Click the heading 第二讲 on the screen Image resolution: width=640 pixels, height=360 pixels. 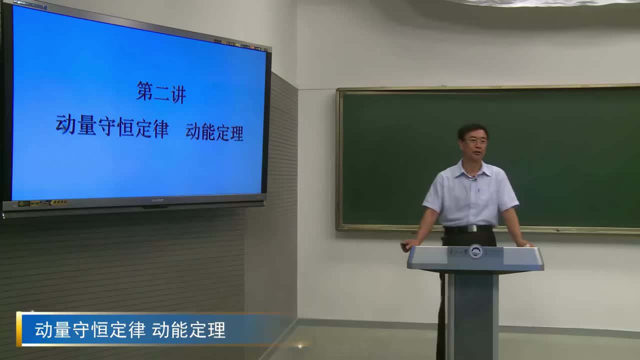click(161, 92)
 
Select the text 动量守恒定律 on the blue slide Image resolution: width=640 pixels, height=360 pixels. click(112, 125)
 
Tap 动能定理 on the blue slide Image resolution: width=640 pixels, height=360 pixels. click(214, 132)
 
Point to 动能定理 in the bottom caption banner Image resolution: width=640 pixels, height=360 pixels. click(189, 330)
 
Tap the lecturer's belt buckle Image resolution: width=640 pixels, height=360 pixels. click(470, 228)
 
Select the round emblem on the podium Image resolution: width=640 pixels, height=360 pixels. click(475, 251)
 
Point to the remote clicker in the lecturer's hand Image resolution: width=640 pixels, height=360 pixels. click(404, 245)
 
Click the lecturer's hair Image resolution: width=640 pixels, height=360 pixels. click(472, 129)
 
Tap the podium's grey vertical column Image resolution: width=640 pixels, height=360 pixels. click(472, 315)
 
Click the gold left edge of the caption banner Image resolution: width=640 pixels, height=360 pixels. click(19, 329)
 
